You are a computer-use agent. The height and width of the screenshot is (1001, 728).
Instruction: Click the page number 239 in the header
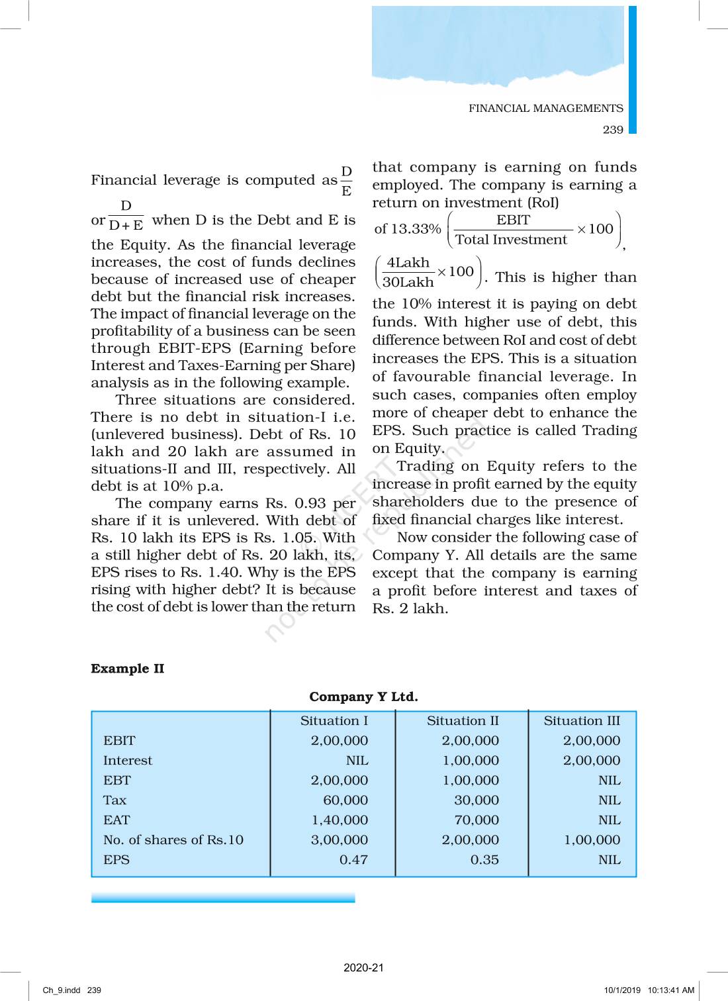click(613, 130)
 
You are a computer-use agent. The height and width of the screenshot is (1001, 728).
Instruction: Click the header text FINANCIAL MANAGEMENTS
click(545, 109)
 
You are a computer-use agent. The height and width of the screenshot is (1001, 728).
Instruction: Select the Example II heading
click(128, 669)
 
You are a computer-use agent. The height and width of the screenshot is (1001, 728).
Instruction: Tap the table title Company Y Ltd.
click(363, 697)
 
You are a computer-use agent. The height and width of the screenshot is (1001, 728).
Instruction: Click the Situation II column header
click(463, 721)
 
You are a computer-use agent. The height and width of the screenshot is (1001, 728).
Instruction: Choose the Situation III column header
click(582, 721)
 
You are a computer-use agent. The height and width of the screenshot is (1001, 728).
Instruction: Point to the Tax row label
click(114, 800)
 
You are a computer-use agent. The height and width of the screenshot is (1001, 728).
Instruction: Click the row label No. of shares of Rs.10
click(173, 840)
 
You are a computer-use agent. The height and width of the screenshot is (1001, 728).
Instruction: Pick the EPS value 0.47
click(353, 860)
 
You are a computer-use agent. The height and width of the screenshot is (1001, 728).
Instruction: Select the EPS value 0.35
click(484, 860)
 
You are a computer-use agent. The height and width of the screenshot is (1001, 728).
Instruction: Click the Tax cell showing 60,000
click(345, 800)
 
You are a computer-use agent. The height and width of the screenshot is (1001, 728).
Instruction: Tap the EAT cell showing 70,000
click(477, 820)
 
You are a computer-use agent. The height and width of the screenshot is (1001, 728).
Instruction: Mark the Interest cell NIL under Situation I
click(357, 761)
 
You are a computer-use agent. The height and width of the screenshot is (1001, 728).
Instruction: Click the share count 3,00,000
click(340, 840)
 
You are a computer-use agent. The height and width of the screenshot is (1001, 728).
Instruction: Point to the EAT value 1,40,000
click(340, 820)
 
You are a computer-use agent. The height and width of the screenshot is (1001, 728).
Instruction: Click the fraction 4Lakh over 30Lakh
click(408, 273)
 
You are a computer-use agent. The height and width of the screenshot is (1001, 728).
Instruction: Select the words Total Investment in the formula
click(511, 240)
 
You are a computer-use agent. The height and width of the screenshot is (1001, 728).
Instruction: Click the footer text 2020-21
click(363, 967)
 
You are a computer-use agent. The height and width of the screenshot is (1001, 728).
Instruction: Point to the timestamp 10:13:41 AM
click(670, 990)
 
